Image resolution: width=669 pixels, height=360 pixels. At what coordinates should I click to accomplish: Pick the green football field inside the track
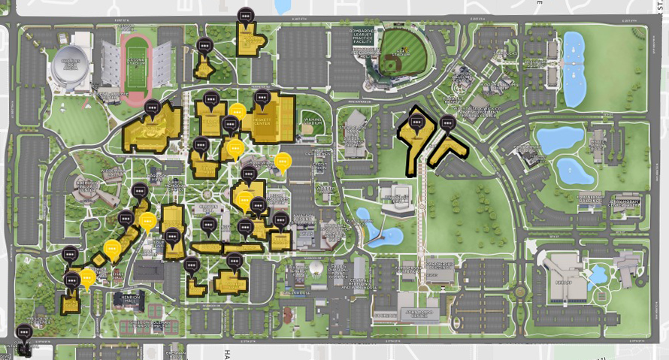pyautogui.click(x=136, y=67)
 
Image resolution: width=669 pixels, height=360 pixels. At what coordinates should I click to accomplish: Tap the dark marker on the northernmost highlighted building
pyautogui.click(x=245, y=15)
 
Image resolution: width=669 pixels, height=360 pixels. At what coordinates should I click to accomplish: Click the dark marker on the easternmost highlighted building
pyautogui.click(x=448, y=123)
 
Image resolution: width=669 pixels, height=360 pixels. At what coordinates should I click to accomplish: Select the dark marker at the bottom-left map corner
pyautogui.click(x=24, y=331)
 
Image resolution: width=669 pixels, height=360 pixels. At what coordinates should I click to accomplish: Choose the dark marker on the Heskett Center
pyautogui.click(x=262, y=98)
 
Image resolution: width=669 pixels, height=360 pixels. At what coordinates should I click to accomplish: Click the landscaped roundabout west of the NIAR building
pyautogui.click(x=520, y=290)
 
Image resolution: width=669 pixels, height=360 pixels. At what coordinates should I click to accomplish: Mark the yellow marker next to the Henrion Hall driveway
pyautogui.click(x=87, y=279)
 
